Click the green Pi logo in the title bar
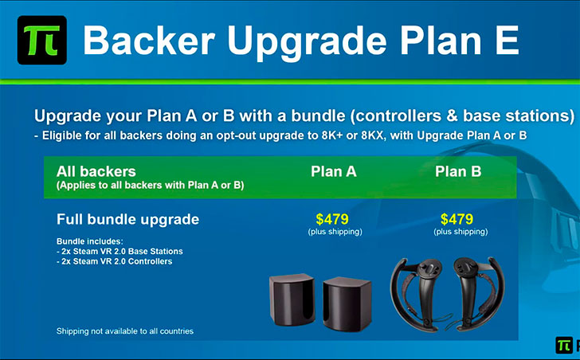click(x=42, y=40)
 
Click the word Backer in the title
click(x=149, y=40)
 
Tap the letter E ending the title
click(x=507, y=40)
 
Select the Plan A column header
click(x=334, y=171)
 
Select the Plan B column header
click(x=458, y=171)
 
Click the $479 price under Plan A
click(x=332, y=219)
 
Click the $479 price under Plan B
click(x=457, y=219)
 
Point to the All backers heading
click(x=96, y=171)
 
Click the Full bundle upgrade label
click(x=128, y=220)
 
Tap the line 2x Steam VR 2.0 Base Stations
click(x=120, y=252)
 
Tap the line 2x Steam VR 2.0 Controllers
click(x=115, y=261)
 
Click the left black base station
click(x=292, y=299)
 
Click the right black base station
click(x=347, y=303)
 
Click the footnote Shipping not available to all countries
click(x=125, y=331)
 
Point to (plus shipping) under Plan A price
click(x=335, y=232)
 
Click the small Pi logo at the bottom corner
click(x=564, y=346)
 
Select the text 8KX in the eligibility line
click(x=373, y=135)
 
